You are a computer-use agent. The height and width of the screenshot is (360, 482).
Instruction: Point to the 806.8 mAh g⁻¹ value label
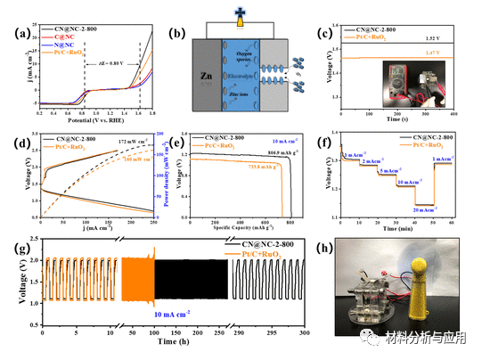272,153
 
